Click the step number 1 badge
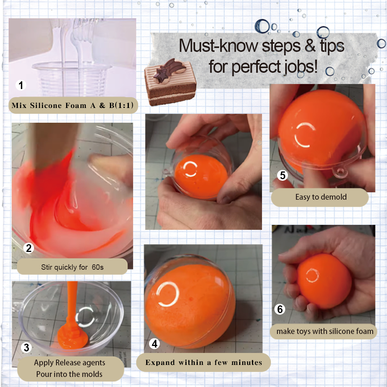(x=21, y=85)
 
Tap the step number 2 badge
(x=29, y=248)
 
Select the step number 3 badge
(x=26, y=348)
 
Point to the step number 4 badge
(x=154, y=344)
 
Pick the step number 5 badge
(x=283, y=175)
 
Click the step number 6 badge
(x=280, y=309)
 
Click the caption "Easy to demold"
(x=321, y=197)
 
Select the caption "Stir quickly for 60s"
(x=72, y=267)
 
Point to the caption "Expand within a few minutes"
(x=204, y=362)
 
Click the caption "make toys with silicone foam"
(x=325, y=331)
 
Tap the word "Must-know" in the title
(x=218, y=46)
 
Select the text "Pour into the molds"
(x=69, y=374)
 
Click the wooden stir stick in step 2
(x=53, y=146)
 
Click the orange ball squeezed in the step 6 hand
(x=324, y=281)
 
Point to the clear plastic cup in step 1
(x=72, y=79)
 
